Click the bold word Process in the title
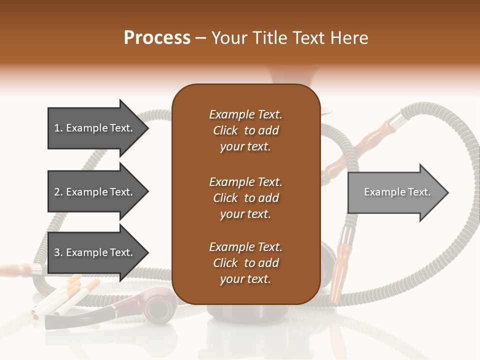click(x=157, y=38)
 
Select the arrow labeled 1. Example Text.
click(x=95, y=128)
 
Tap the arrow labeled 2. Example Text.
click(x=95, y=192)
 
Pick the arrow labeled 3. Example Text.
click(x=95, y=252)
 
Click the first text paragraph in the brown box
click(x=245, y=130)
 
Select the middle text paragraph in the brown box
click(x=245, y=198)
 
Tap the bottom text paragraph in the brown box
click(x=245, y=263)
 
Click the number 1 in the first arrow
click(x=56, y=128)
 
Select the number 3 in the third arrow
click(x=56, y=252)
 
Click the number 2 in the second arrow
click(x=56, y=192)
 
